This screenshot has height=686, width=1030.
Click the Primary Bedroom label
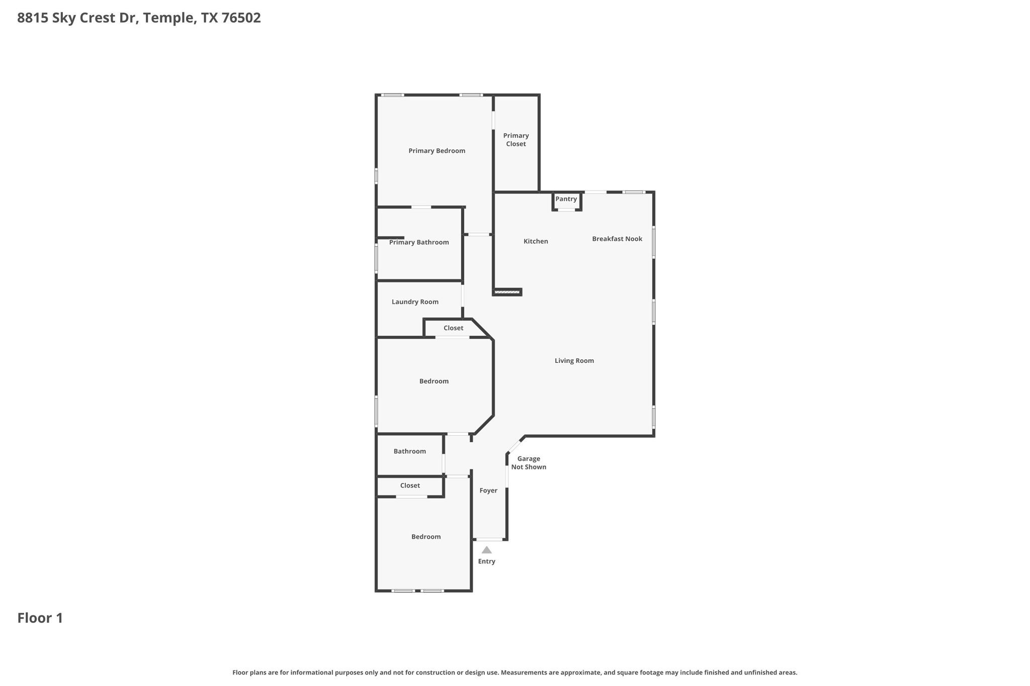tap(437, 151)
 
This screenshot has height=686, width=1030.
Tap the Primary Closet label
tap(516, 140)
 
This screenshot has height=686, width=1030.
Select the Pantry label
tap(566, 199)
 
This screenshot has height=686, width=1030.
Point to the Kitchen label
tap(536, 241)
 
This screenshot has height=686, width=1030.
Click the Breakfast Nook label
tap(617, 239)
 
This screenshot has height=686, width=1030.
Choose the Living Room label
tap(574, 360)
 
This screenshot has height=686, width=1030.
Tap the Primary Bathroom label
tap(418, 242)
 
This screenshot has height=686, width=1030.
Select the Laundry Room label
tap(415, 302)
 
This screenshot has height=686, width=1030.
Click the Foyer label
tap(488, 491)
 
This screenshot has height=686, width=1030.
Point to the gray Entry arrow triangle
tap(486, 550)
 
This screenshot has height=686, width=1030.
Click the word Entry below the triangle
tap(486, 561)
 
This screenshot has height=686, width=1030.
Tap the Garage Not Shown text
tap(529, 463)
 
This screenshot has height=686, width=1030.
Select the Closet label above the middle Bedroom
tap(453, 328)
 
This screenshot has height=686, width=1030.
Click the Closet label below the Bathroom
tap(410, 485)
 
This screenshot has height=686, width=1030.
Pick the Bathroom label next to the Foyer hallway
tap(409, 451)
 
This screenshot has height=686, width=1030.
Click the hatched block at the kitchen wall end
tap(507, 291)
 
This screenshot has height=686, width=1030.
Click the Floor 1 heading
tap(40, 618)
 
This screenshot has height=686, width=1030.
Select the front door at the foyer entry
tap(489, 539)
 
